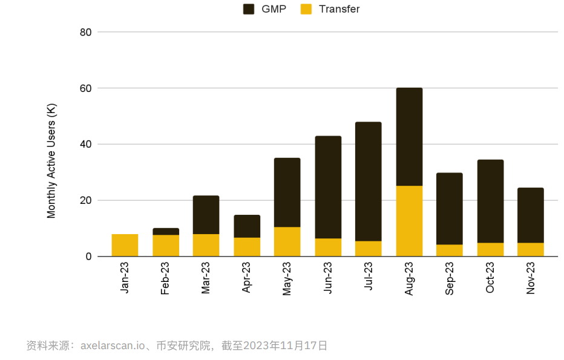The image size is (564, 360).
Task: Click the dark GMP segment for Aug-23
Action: (409, 137)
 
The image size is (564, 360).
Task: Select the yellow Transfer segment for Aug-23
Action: (409, 221)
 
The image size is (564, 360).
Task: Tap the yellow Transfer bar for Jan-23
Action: (125, 245)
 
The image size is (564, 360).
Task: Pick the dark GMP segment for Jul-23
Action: (369, 182)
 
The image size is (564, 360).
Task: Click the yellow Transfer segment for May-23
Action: (287, 241)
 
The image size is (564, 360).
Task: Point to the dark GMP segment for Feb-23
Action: (165, 231)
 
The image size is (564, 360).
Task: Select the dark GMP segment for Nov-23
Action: (531, 215)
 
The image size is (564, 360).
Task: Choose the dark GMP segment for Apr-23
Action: (247, 226)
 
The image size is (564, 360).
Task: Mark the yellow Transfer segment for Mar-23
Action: (206, 245)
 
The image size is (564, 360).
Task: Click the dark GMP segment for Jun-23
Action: (328, 187)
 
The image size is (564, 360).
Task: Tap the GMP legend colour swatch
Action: (249, 9)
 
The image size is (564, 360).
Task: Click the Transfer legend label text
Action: (338, 9)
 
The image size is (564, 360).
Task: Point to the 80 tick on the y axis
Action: (85, 32)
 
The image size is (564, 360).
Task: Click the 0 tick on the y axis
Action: (88, 257)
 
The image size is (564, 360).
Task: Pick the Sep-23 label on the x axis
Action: (450, 278)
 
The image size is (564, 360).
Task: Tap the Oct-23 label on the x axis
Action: (490, 278)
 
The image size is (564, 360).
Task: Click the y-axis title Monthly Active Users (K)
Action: (51, 162)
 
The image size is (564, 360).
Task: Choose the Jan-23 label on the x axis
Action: (125, 278)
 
